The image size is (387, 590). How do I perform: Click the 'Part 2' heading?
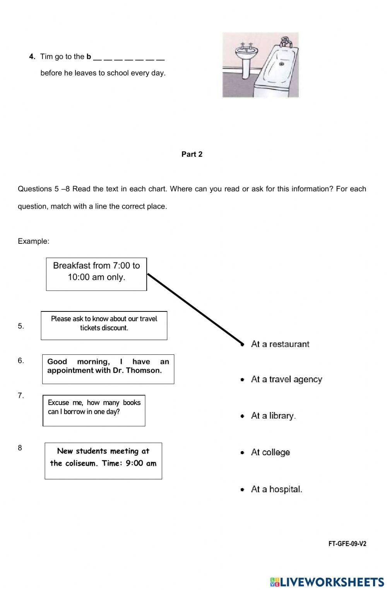coord(192,154)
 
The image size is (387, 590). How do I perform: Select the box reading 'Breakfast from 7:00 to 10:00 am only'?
coord(96,274)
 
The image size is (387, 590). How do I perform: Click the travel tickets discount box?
coord(104,325)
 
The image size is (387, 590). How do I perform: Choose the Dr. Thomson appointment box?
coord(108,369)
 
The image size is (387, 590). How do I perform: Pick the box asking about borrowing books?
coord(94,410)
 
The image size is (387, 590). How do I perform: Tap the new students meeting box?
coord(103,460)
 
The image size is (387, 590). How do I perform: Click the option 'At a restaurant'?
coord(280,344)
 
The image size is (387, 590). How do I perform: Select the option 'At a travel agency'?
coord(286,379)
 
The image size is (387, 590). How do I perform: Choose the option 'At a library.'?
coord(273,416)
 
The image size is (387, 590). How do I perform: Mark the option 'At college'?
coord(270,452)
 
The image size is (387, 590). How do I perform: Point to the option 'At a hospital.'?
coord(276,489)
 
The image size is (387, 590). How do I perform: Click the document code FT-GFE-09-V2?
coord(347,544)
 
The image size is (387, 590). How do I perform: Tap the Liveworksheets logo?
coord(327,582)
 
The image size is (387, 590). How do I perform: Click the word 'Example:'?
coord(34,241)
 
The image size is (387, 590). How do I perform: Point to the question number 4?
coord(32,57)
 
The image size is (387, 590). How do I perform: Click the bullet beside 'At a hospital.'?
coord(242,489)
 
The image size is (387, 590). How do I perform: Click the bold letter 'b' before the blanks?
coord(89,57)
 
